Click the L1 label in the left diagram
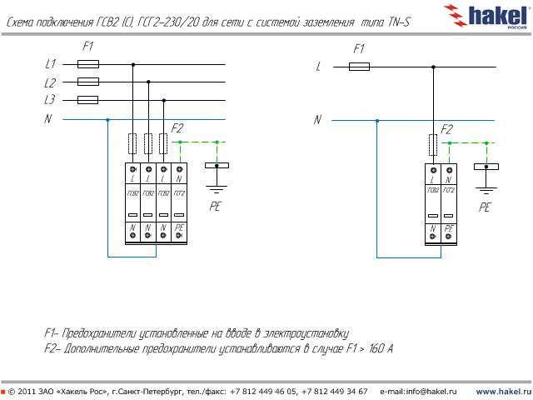point(50,64)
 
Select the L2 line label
point(50,82)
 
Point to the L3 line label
point(50,100)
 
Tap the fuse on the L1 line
point(87,64)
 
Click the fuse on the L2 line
point(87,82)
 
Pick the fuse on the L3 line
point(87,100)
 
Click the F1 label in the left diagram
point(88,47)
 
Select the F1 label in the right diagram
point(359,48)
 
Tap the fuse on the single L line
point(359,66)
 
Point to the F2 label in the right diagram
point(446,129)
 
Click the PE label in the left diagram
point(215,205)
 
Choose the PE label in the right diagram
point(485,207)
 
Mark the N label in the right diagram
point(317,120)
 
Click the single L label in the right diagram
point(318,66)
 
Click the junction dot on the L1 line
point(132,64)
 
